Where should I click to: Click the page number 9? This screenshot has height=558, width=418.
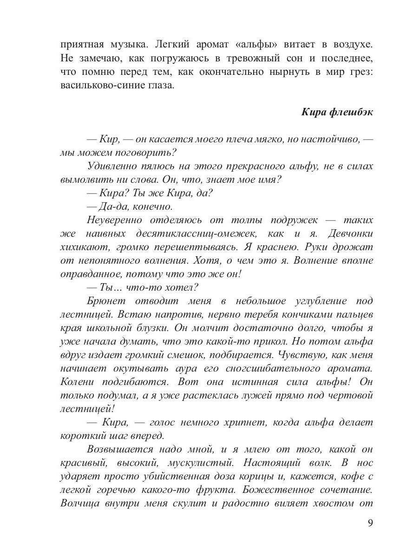[x=370, y=523]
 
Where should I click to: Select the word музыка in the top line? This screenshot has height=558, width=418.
[x=122, y=46]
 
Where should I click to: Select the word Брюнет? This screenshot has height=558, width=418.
[x=105, y=301]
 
